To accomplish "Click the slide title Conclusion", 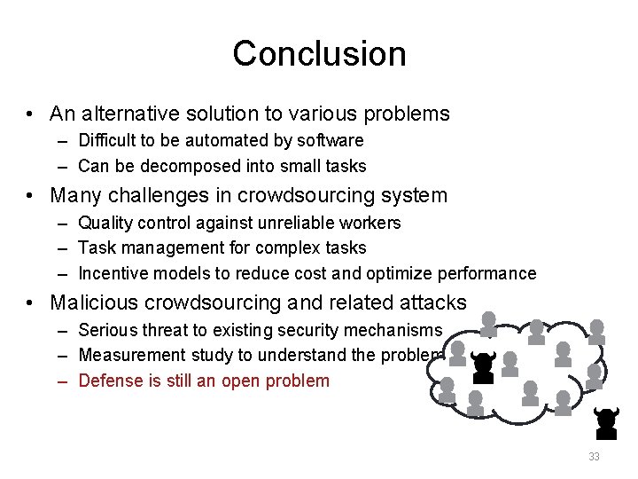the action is tap(319, 54).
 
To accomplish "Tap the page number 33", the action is tap(594, 457).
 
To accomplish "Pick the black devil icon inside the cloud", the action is tap(483, 366).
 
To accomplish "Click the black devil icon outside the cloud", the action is tap(606, 423).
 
